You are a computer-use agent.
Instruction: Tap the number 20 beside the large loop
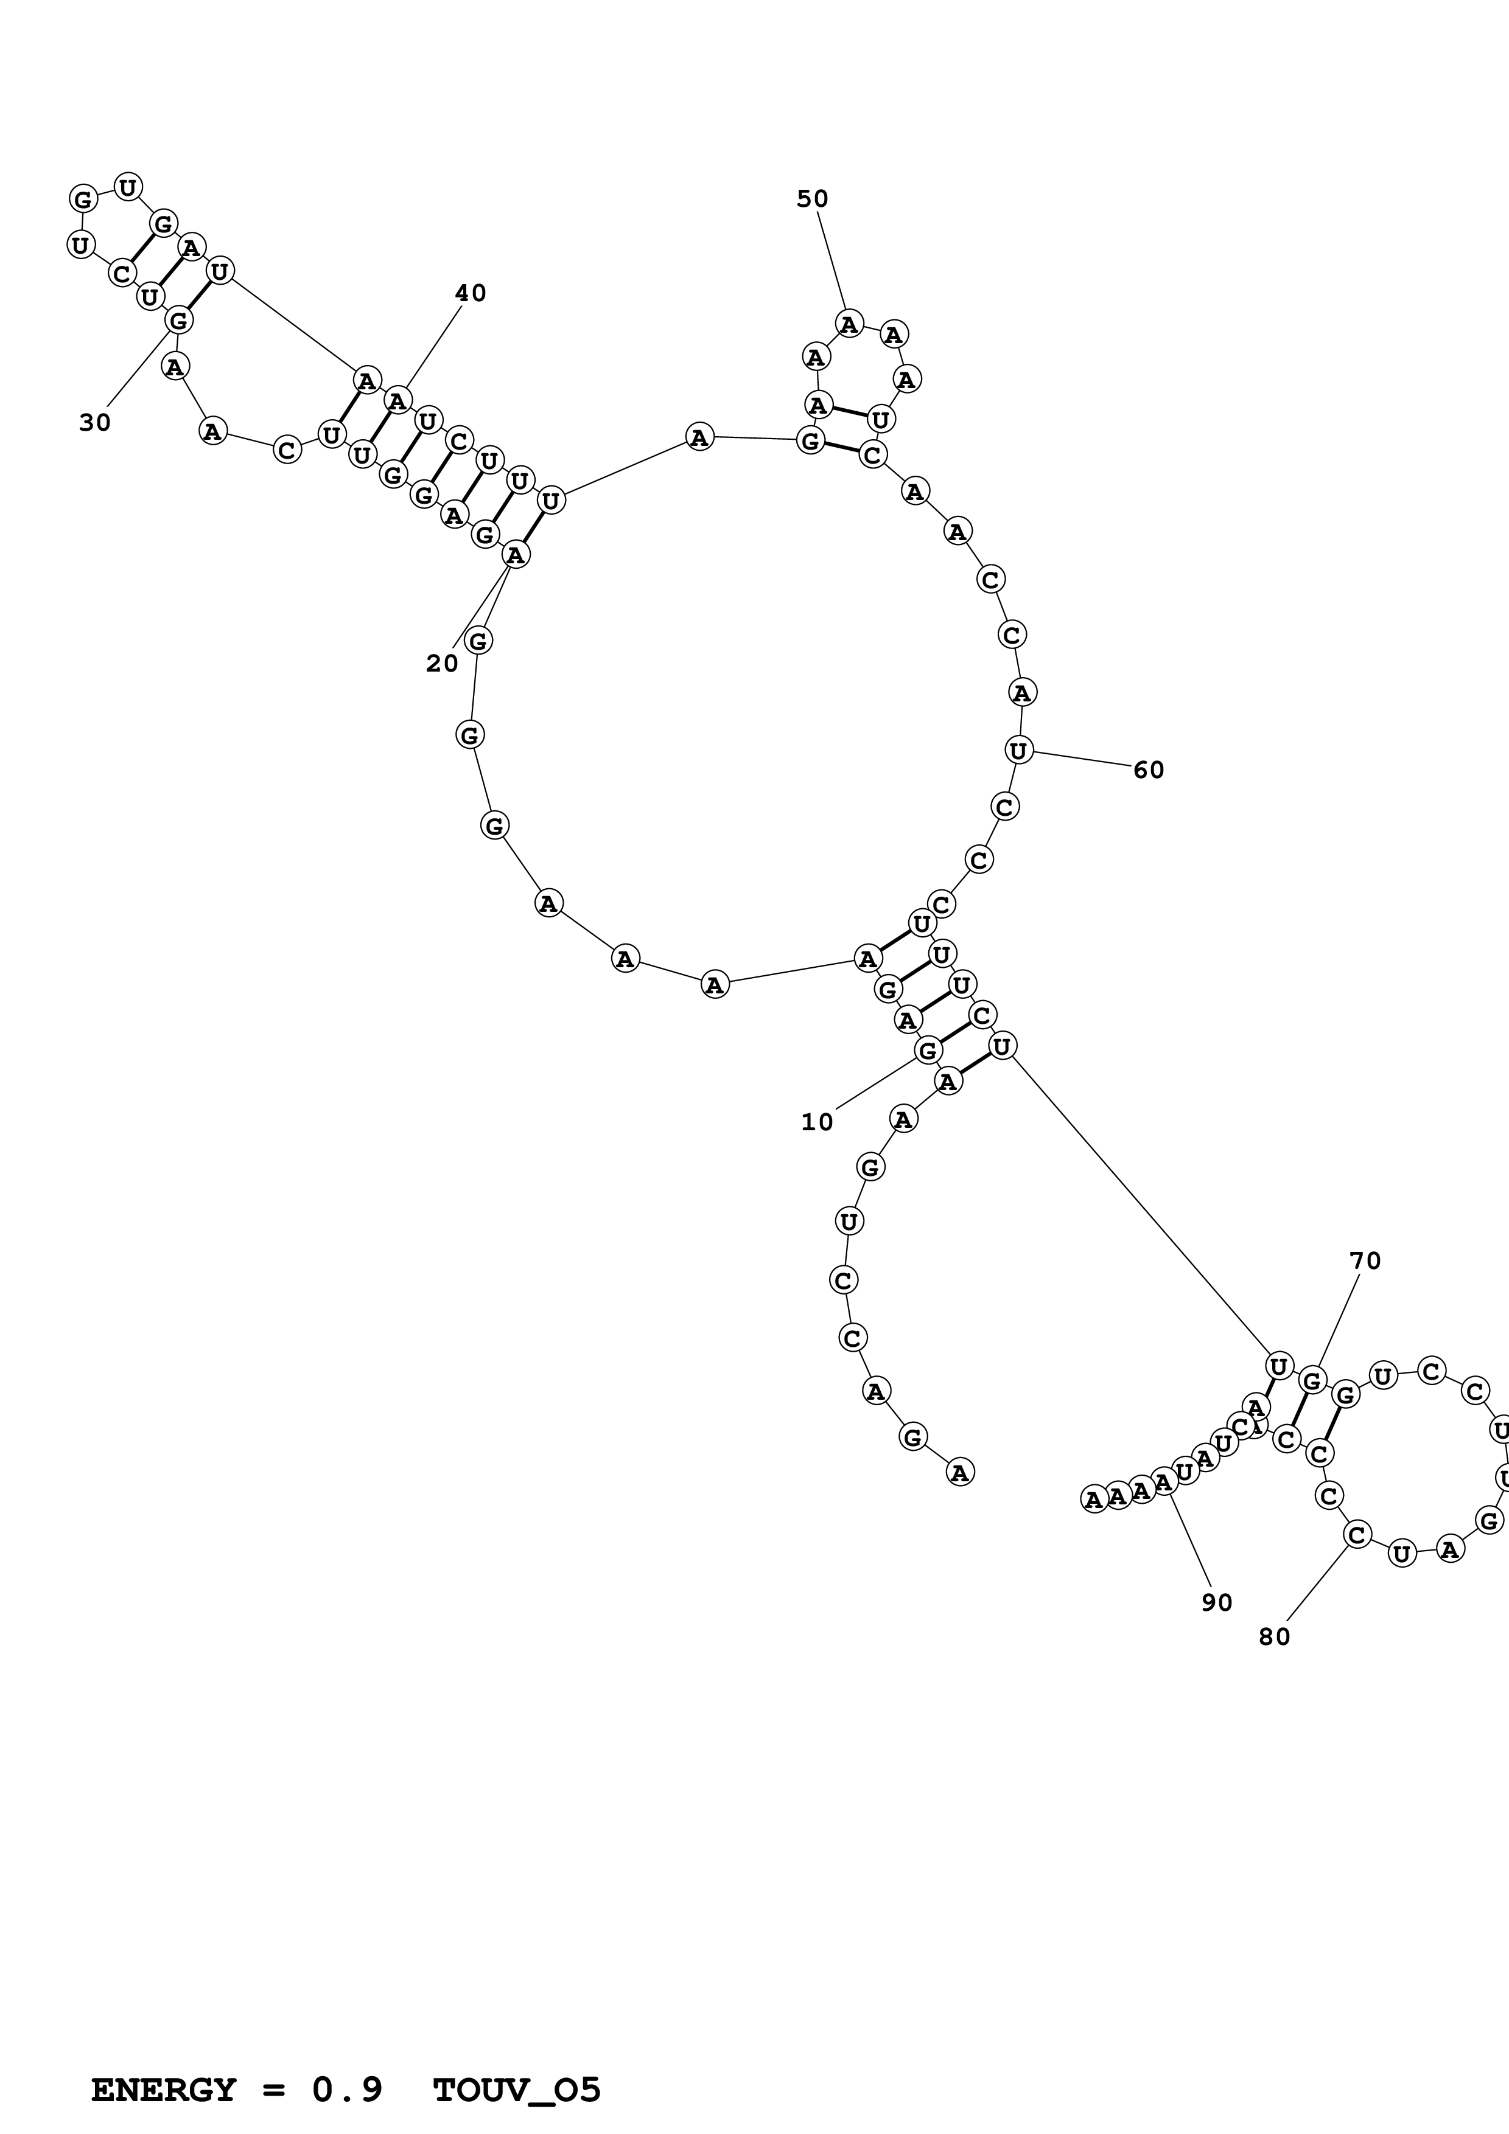tap(443, 664)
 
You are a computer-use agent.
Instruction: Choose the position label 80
tap(1275, 1638)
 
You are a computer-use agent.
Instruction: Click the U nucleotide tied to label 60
tap(1019, 750)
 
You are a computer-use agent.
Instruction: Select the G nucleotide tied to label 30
tap(178, 321)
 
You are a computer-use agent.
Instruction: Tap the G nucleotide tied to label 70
tap(1312, 1381)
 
